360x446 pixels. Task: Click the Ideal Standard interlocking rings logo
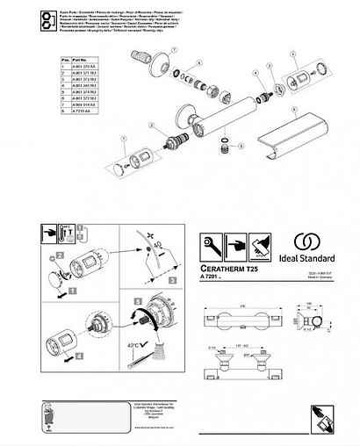coord(306,241)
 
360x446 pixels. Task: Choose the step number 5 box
coord(137,298)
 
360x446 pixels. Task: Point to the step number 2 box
coord(61,255)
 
